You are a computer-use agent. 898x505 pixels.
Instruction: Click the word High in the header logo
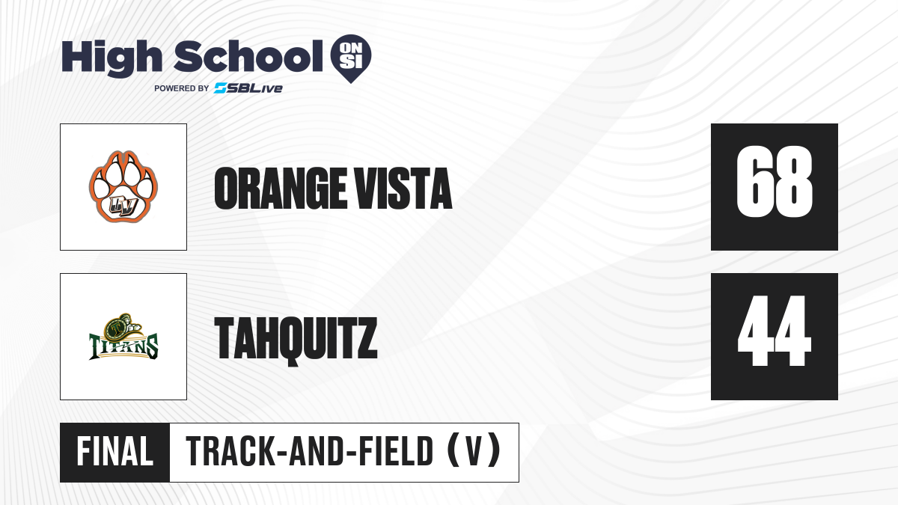point(112,58)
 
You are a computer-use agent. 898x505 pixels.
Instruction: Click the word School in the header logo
point(248,56)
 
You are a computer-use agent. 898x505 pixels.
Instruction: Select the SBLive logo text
point(248,88)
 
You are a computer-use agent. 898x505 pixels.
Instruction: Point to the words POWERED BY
point(182,88)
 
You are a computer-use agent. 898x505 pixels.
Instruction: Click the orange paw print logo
point(123,187)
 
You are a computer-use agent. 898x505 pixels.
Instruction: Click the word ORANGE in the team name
point(280,189)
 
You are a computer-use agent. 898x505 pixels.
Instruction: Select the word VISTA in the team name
point(404,189)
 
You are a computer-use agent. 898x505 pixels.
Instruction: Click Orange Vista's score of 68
point(774,182)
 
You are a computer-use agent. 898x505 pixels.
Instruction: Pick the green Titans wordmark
point(123,347)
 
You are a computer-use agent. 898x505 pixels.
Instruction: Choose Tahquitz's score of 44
point(774,331)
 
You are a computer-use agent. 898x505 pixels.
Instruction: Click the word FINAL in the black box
point(115,452)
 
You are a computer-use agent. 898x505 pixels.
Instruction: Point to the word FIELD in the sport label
point(396,452)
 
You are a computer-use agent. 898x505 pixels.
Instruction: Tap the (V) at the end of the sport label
point(474,452)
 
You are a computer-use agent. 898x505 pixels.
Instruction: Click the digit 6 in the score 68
point(754,182)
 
